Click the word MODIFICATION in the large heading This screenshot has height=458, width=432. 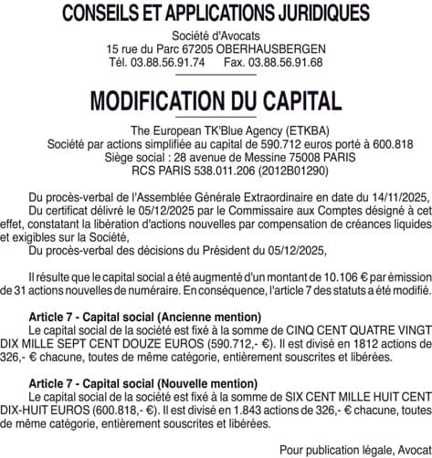click(x=161, y=100)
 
